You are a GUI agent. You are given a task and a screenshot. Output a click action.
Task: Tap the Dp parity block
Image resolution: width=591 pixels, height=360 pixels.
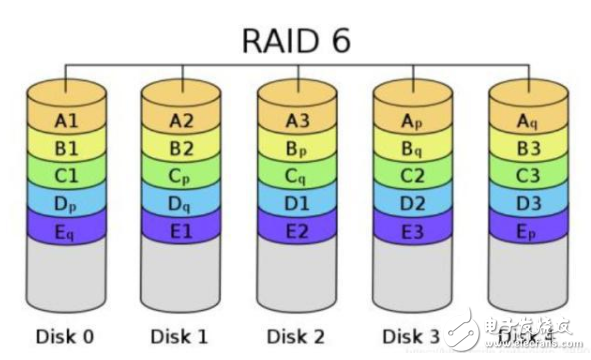click(x=67, y=204)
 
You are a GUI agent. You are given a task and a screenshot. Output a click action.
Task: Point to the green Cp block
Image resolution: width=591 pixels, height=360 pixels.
click(x=182, y=177)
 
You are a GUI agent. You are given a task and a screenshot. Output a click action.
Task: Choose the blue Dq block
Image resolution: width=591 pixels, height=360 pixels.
click(x=182, y=204)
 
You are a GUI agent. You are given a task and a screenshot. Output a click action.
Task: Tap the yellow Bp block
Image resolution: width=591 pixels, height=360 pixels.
click(x=297, y=150)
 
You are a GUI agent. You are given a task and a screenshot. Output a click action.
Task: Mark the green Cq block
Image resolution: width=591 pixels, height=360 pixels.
click(x=297, y=177)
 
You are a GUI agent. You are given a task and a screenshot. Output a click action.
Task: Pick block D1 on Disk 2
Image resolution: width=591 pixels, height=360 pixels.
click(x=297, y=204)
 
